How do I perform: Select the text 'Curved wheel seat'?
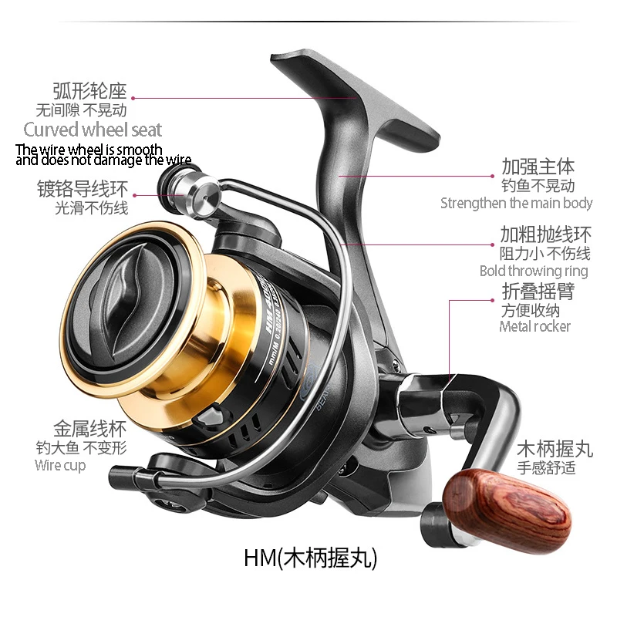click(93, 130)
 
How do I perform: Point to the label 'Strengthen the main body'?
click(517, 204)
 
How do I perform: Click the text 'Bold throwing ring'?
click(534, 271)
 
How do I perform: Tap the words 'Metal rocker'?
click(535, 326)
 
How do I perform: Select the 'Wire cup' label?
click(60, 466)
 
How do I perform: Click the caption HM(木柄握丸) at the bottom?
click(311, 557)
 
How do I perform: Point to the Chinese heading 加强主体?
click(538, 167)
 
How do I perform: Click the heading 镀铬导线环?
click(83, 188)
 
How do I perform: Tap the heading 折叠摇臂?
click(537, 291)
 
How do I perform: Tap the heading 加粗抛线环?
click(545, 234)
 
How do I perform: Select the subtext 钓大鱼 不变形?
click(81, 448)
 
